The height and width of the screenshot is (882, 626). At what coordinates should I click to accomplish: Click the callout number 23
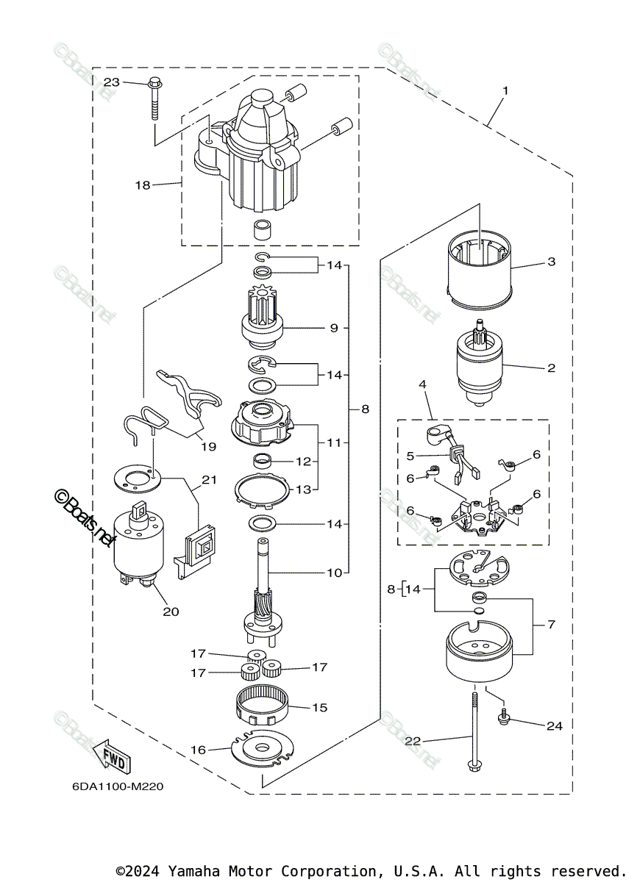click(x=111, y=82)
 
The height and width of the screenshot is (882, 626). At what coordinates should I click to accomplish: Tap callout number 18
click(x=142, y=185)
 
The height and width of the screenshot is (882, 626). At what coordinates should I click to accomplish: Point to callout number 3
click(x=551, y=262)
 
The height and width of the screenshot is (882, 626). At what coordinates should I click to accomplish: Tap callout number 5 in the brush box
click(x=410, y=456)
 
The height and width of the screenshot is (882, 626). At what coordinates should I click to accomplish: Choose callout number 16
click(x=198, y=750)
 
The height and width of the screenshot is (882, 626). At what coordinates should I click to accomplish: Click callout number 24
click(x=554, y=725)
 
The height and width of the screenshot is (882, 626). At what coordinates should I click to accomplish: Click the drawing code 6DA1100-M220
click(x=118, y=786)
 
